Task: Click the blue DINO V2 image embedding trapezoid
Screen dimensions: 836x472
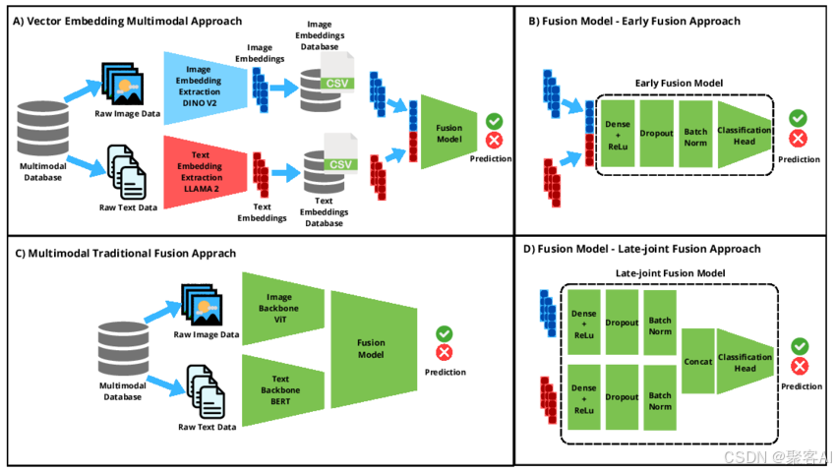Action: [206, 88]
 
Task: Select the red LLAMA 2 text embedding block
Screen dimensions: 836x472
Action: [206, 172]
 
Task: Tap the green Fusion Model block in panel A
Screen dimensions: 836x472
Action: [448, 133]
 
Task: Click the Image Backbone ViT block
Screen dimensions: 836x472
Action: [282, 308]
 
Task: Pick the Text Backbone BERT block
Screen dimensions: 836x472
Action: [282, 389]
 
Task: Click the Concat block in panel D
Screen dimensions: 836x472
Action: [698, 361]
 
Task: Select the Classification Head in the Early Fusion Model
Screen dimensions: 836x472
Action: [745, 135]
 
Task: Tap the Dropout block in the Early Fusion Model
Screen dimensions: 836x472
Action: [656, 134]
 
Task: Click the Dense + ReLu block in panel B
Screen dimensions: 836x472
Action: [618, 134]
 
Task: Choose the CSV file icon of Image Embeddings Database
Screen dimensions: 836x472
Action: [337, 73]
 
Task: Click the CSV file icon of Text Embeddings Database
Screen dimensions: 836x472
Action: [340, 153]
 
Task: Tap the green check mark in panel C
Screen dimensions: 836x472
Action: [445, 334]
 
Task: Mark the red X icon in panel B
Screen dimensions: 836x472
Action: [799, 139]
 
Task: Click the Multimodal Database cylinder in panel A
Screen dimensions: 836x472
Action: [42, 129]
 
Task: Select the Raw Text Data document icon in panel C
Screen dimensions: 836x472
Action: [206, 392]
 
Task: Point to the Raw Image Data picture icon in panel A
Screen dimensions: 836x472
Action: [123, 84]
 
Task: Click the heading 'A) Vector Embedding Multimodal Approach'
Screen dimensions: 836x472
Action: [128, 22]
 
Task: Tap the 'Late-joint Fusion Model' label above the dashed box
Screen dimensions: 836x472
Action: [670, 273]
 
